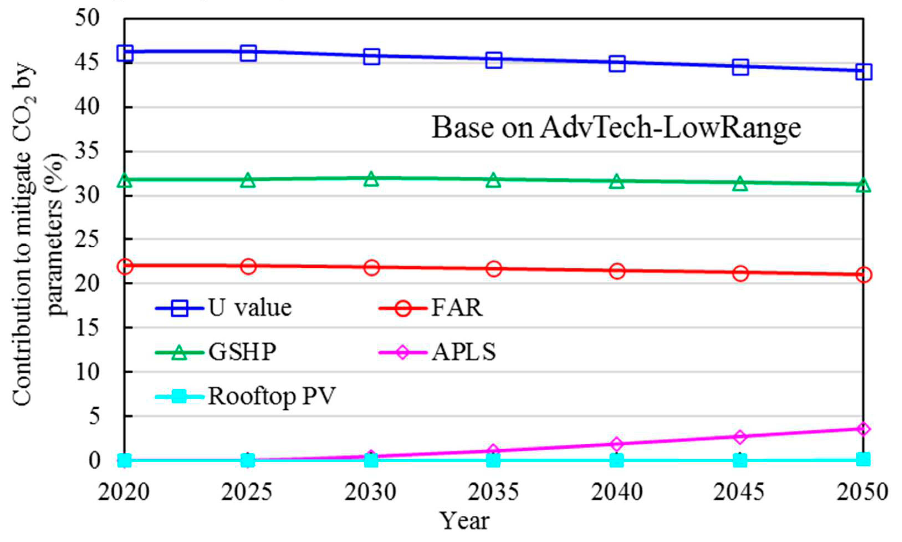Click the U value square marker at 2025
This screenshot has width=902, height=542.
click(x=248, y=53)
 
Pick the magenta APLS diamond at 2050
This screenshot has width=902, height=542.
click(x=863, y=429)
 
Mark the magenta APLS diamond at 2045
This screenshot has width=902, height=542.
click(x=740, y=437)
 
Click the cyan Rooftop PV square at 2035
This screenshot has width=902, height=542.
click(x=494, y=461)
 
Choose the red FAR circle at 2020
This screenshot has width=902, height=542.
click(x=125, y=266)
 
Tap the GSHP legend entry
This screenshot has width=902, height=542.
click(x=242, y=352)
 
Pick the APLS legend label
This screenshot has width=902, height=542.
click(x=464, y=352)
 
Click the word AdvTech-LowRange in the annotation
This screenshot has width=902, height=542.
click(x=670, y=128)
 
